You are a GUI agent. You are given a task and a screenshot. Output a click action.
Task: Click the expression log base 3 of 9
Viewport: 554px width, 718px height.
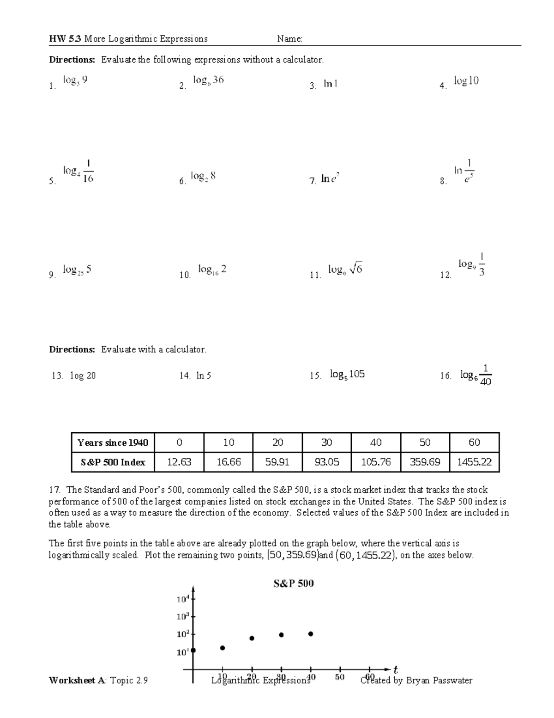click(x=75, y=81)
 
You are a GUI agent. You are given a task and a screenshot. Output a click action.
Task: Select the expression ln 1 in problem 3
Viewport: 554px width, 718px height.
click(x=330, y=84)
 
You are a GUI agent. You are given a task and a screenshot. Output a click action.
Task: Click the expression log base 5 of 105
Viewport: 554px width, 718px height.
click(x=347, y=374)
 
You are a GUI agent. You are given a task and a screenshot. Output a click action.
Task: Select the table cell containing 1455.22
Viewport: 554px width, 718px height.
click(x=474, y=462)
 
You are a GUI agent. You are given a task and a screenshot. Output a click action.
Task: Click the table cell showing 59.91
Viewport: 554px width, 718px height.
click(x=277, y=462)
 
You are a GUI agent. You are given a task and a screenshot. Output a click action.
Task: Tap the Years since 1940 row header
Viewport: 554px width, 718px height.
click(x=113, y=443)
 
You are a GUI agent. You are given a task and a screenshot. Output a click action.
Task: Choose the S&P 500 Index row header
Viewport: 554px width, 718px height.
click(x=113, y=462)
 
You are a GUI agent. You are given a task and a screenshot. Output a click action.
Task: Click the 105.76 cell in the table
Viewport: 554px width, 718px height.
click(x=376, y=462)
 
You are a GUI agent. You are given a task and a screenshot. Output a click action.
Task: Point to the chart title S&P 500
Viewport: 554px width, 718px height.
click(x=294, y=583)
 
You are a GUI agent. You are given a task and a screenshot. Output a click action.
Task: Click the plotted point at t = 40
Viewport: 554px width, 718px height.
click(x=311, y=634)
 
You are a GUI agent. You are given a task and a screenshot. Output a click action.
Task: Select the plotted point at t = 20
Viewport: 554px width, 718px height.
click(x=252, y=638)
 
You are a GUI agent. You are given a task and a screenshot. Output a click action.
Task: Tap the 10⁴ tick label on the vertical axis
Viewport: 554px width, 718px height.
click(x=183, y=599)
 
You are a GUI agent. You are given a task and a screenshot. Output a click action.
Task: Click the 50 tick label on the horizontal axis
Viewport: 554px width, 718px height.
click(x=340, y=677)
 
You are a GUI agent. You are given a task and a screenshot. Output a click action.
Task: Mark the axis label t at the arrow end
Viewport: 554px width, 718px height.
click(x=396, y=669)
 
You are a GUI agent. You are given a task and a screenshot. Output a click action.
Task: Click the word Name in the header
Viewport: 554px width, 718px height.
click(x=289, y=39)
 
